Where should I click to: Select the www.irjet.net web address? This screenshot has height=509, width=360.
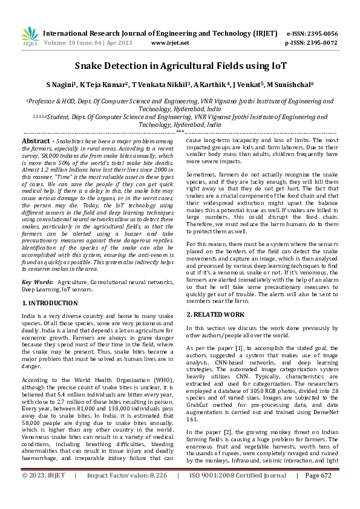click(x=170, y=43)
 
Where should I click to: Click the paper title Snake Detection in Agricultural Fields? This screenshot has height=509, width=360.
click(x=180, y=65)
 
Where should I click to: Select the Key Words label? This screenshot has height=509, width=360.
click(x=37, y=282)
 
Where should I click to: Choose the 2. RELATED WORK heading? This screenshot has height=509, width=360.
click(x=214, y=315)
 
